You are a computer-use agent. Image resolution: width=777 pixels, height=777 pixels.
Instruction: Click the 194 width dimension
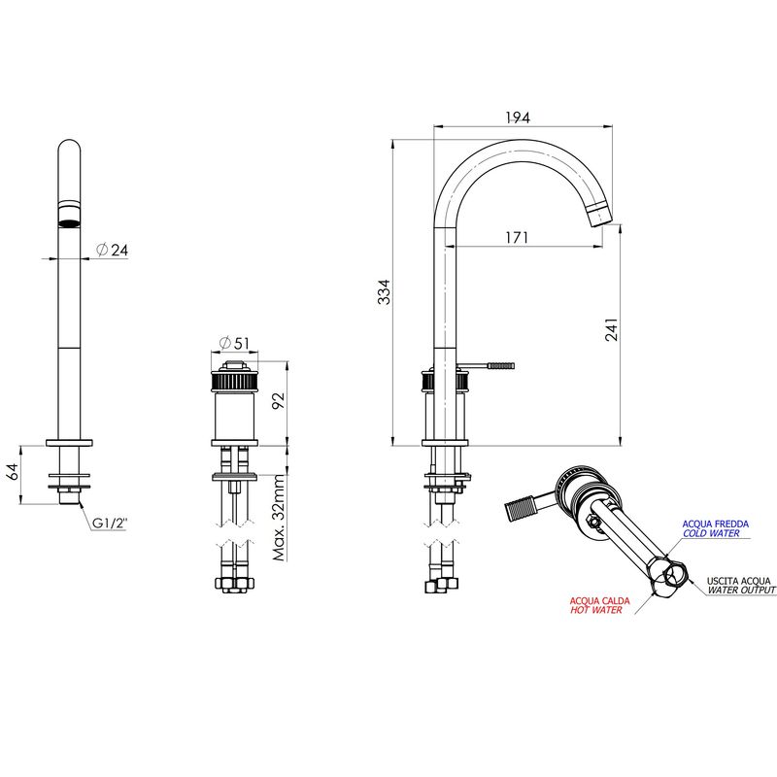[518, 118]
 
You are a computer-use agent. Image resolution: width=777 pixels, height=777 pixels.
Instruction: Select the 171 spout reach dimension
[517, 238]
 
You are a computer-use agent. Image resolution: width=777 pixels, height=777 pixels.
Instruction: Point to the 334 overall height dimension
[384, 292]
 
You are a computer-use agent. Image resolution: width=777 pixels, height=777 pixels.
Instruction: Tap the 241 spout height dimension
[612, 329]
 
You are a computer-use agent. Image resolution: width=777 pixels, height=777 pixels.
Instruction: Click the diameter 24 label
[112, 250]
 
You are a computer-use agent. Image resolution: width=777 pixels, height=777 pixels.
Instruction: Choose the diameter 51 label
[234, 343]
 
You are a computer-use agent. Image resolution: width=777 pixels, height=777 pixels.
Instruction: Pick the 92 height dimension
[279, 400]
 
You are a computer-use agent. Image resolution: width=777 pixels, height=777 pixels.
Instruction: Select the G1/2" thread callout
[110, 523]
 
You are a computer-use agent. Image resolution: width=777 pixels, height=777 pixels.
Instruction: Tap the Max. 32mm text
[280, 518]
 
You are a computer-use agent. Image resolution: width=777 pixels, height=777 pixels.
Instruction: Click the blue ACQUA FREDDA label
[715, 524]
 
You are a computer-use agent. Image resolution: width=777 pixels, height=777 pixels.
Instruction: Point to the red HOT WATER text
[595, 610]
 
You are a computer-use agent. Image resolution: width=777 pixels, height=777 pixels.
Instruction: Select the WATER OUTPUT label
[741, 590]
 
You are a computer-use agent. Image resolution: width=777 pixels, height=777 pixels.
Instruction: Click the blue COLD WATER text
[711, 533]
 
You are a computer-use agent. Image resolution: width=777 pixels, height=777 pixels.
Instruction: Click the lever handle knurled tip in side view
[501, 366]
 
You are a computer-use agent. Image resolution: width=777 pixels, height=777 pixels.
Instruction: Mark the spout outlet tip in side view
[601, 218]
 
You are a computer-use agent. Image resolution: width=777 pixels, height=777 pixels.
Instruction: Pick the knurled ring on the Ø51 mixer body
[234, 382]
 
